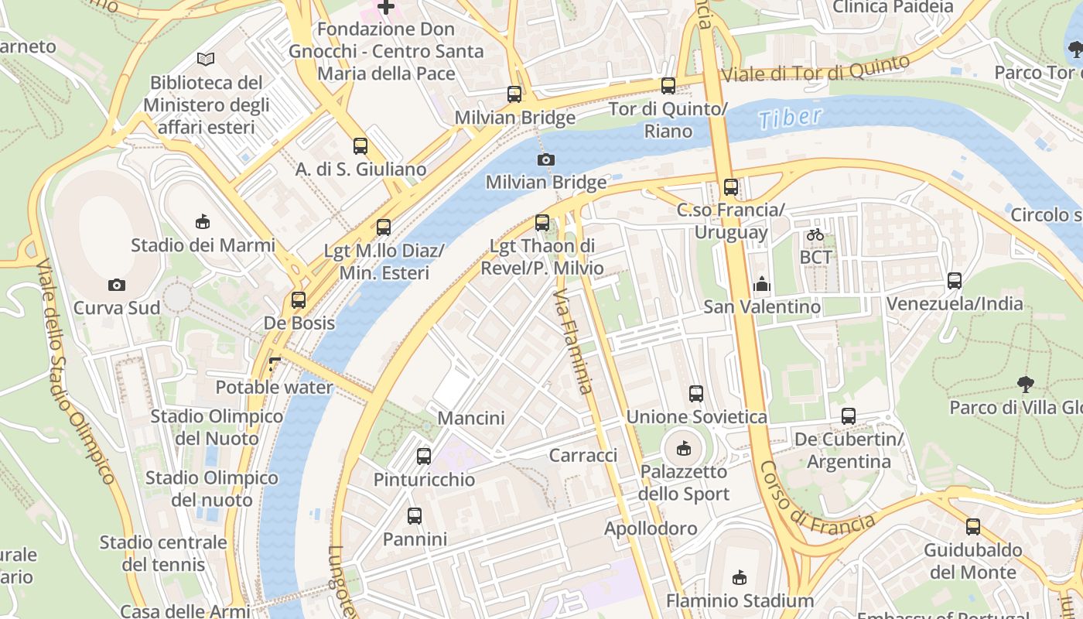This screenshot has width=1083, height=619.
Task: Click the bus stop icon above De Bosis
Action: pos(299,300)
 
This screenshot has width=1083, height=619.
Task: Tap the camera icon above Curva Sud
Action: pos(117,285)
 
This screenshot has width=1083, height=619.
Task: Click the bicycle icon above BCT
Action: pos(815,234)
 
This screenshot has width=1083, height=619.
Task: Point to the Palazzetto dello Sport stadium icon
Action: pos(684,448)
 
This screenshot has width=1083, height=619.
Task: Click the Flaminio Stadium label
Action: pos(740,600)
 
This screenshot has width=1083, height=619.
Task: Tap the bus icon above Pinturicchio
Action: pos(424,457)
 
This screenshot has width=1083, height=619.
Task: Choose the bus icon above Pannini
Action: pos(415,515)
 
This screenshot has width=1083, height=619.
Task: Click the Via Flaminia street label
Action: pos(574,341)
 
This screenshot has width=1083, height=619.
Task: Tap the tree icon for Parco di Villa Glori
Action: pos(1026,384)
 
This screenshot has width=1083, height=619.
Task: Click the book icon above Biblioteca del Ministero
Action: pos(205,59)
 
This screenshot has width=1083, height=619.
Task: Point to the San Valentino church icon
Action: pos(762,284)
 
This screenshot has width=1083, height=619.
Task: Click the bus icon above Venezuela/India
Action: pos(955,281)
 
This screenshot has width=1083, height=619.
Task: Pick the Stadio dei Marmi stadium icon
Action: pos(203,222)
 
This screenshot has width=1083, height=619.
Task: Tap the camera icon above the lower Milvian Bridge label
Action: pos(545,159)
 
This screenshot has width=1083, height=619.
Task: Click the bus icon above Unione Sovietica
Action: pos(696,394)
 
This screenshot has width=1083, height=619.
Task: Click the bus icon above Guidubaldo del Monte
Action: pos(973,527)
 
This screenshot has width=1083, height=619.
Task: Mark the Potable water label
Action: pos(274,387)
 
